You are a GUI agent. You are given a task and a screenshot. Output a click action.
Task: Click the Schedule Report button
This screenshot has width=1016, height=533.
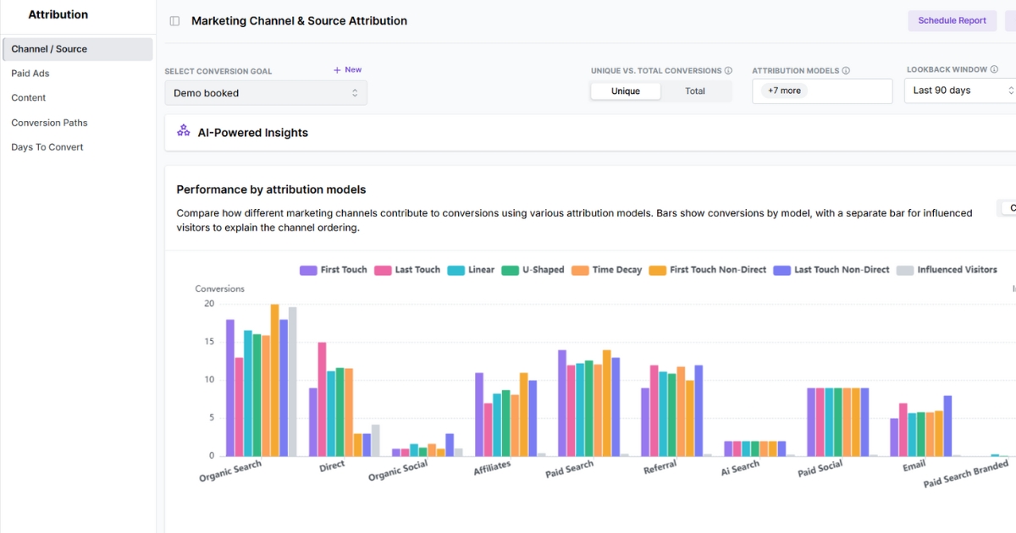pyautogui.click(x=952, y=20)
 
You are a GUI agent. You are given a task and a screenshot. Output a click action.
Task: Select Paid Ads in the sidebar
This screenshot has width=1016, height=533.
pyautogui.click(x=30, y=74)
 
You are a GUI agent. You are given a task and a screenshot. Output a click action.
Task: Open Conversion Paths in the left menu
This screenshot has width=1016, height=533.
pyautogui.click(x=49, y=123)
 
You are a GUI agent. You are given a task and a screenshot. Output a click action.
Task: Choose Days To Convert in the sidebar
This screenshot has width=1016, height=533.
pyautogui.click(x=47, y=147)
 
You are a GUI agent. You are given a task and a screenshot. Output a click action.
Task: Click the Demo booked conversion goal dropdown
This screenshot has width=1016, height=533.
pyautogui.click(x=266, y=93)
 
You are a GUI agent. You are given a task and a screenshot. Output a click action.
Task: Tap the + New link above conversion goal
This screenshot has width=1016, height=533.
pyautogui.click(x=347, y=70)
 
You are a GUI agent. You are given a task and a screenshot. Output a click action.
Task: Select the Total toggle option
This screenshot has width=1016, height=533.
pyautogui.click(x=695, y=91)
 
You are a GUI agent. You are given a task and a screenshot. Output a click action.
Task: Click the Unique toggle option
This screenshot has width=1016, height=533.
pyautogui.click(x=626, y=91)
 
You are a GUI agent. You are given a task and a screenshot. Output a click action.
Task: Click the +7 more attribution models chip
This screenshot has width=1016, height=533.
pyautogui.click(x=784, y=91)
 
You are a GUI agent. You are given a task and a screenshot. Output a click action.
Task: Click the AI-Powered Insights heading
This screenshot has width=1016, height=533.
pyautogui.click(x=252, y=133)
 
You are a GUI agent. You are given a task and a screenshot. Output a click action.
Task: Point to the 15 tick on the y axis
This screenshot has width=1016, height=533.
pyautogui.click(x=209, y=342)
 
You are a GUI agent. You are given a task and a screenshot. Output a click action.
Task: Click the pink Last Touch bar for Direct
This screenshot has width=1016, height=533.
pyautogui.click(x=322, y=398)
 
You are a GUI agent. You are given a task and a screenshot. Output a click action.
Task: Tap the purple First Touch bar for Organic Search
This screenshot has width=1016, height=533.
pyautogui.click(x=230, y=387)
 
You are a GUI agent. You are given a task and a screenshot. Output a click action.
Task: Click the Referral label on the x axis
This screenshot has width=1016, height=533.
pyautogui.click(x=660, y=468)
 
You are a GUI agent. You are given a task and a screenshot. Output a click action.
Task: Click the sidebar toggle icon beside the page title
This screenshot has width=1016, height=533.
pyautogui.click(x=174, y=21)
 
